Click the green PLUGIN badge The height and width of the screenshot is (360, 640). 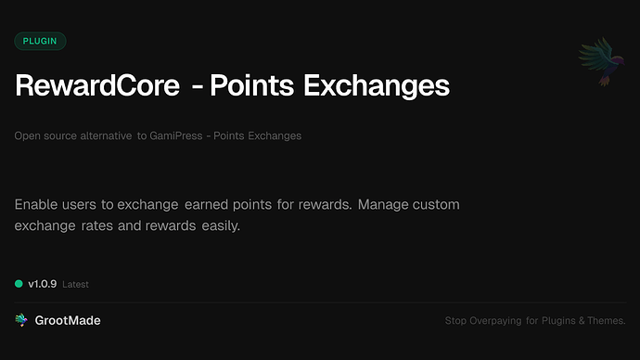40,41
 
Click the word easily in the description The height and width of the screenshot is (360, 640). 218,225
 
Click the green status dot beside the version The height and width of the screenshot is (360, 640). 19,284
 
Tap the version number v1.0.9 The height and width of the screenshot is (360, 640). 43,284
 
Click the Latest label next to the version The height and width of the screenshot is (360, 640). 75,285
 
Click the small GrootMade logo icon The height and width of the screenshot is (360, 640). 20,320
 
